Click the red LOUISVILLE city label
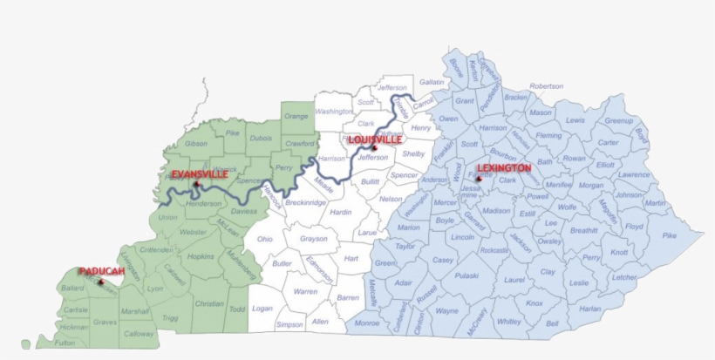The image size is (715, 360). (x=375, y=139)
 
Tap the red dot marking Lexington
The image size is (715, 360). (x=478, y=179)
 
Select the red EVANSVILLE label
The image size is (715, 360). (x=200, y=174)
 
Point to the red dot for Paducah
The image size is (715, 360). (x=101, y=282)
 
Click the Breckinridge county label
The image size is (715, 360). (x=306, y=202)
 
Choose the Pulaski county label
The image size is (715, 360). (x=467, y=275)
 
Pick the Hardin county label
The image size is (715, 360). (x=340, y=212)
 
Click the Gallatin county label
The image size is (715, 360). (x=432, y=82)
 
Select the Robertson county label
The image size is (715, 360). (x=546, y=86)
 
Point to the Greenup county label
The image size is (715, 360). (x=618, y=120)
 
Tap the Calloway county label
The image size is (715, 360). (x=138, y=333)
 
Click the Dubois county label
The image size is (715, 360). (x=261, y=137)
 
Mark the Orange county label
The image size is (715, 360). (x=296, y=116)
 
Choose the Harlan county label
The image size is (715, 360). (x=590, y=308)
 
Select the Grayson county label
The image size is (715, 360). (x=313, y=238)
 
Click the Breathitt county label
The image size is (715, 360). (x=583, y=230)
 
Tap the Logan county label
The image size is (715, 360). (x=262, y=308)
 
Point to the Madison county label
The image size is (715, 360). (x=496, y=210)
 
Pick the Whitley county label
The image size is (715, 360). (x=508, y=322)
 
